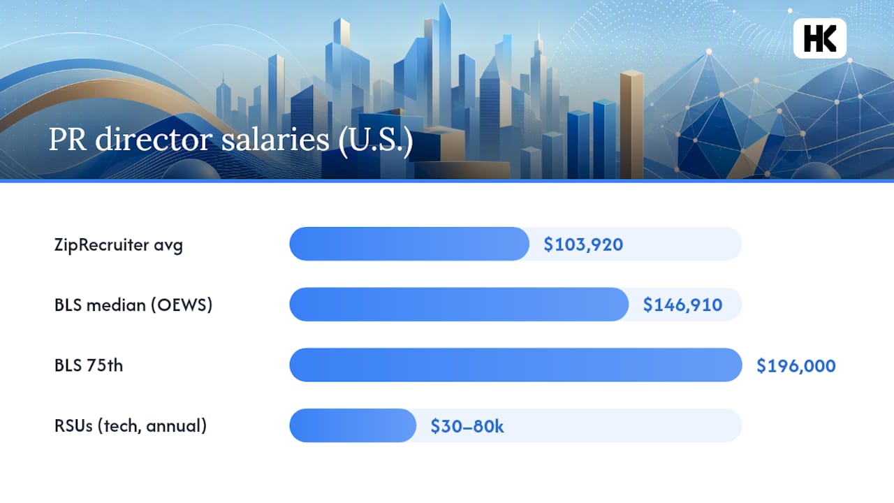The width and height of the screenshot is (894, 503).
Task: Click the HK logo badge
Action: [820, 38]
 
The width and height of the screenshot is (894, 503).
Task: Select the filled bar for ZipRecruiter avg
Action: [409, 244]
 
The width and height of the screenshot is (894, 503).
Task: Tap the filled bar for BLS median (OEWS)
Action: [459, 304]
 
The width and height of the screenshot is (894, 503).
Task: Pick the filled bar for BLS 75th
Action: [515, 365]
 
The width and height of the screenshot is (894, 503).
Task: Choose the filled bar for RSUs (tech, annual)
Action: [353, 425]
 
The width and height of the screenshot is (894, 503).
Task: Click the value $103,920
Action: [583, 245]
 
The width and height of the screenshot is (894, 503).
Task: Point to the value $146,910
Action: [682, 305]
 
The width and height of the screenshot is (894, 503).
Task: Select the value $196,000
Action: [796, 365]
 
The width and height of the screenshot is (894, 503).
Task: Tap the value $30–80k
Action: [467, 426]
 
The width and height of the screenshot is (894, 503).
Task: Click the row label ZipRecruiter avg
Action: [119, 245]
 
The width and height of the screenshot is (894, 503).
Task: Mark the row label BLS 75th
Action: [89, 365]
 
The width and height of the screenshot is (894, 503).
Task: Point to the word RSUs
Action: [73, 425]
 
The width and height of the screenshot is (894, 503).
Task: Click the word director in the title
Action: [154, 139]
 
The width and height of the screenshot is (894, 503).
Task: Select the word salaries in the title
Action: [275, 139]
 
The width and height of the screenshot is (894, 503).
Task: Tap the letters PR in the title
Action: [68, 139]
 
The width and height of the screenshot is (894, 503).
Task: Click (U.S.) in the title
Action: [376, 140]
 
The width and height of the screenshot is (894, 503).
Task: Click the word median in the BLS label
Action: [116, 305]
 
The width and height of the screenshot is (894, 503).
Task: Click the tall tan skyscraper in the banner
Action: [631, 124]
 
